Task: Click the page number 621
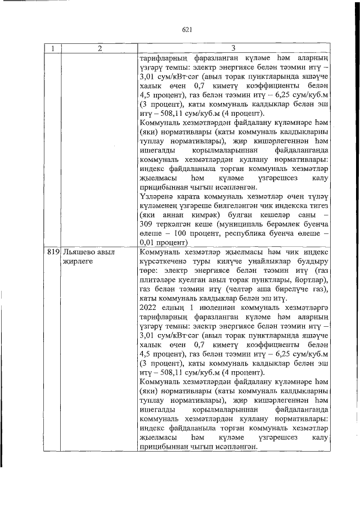tap(187, 30)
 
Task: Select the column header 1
tap(52, 48)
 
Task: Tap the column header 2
tap(99, 48)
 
